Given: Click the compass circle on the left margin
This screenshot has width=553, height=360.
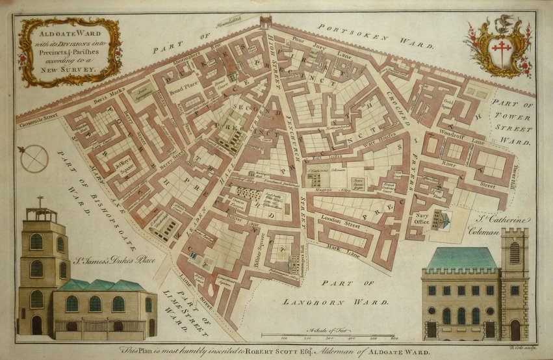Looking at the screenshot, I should pos(34,159).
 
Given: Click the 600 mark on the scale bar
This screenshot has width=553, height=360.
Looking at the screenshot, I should pos(394,339).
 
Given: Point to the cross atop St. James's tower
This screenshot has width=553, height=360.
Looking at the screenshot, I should pos(40,201).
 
